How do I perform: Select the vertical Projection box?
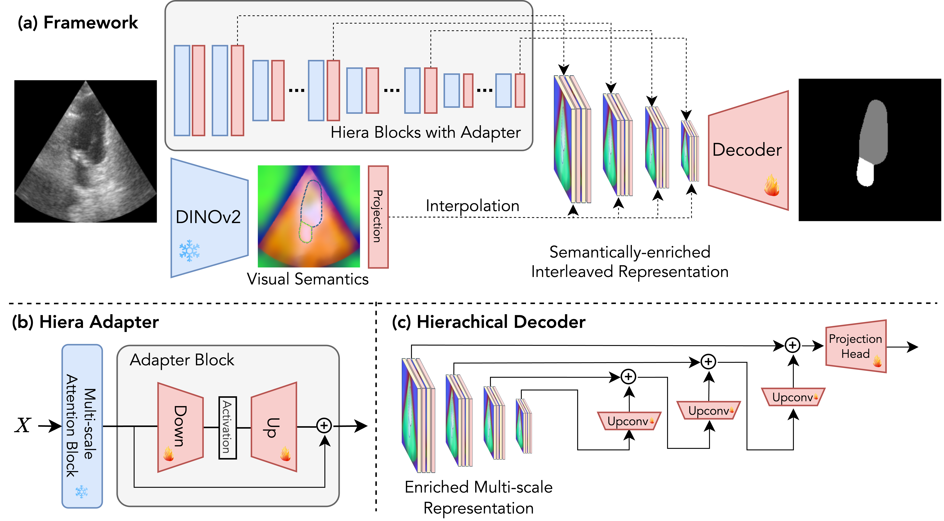[x=378, y=217]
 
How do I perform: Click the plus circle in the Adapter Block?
[x=324, y=425]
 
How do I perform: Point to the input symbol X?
[x=23, y=425]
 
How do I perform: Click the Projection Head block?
[x=855, y=346]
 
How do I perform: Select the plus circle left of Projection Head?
[x=792, y=345]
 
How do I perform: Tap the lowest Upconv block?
[x=629, y=421]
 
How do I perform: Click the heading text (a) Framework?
[x=78, y=23]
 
